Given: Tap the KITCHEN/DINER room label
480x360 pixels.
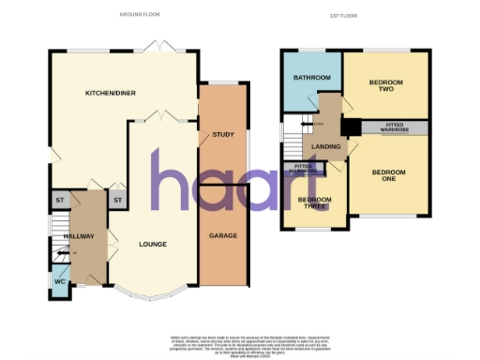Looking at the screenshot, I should (x=106, y=93).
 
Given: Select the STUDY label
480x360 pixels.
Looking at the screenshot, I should (x=222, y=135).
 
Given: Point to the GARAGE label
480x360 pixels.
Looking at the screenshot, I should (x=222, y=234).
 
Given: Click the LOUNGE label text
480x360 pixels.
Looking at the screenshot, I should (x=153, y=245).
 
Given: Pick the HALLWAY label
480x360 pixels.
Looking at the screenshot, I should (x=80, y=235).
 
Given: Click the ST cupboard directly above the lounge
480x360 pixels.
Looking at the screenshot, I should (x=118, y=200).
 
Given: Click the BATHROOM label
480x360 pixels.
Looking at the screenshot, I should (x=311, y=77).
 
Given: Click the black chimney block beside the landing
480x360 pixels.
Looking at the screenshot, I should (x=351, y=127).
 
